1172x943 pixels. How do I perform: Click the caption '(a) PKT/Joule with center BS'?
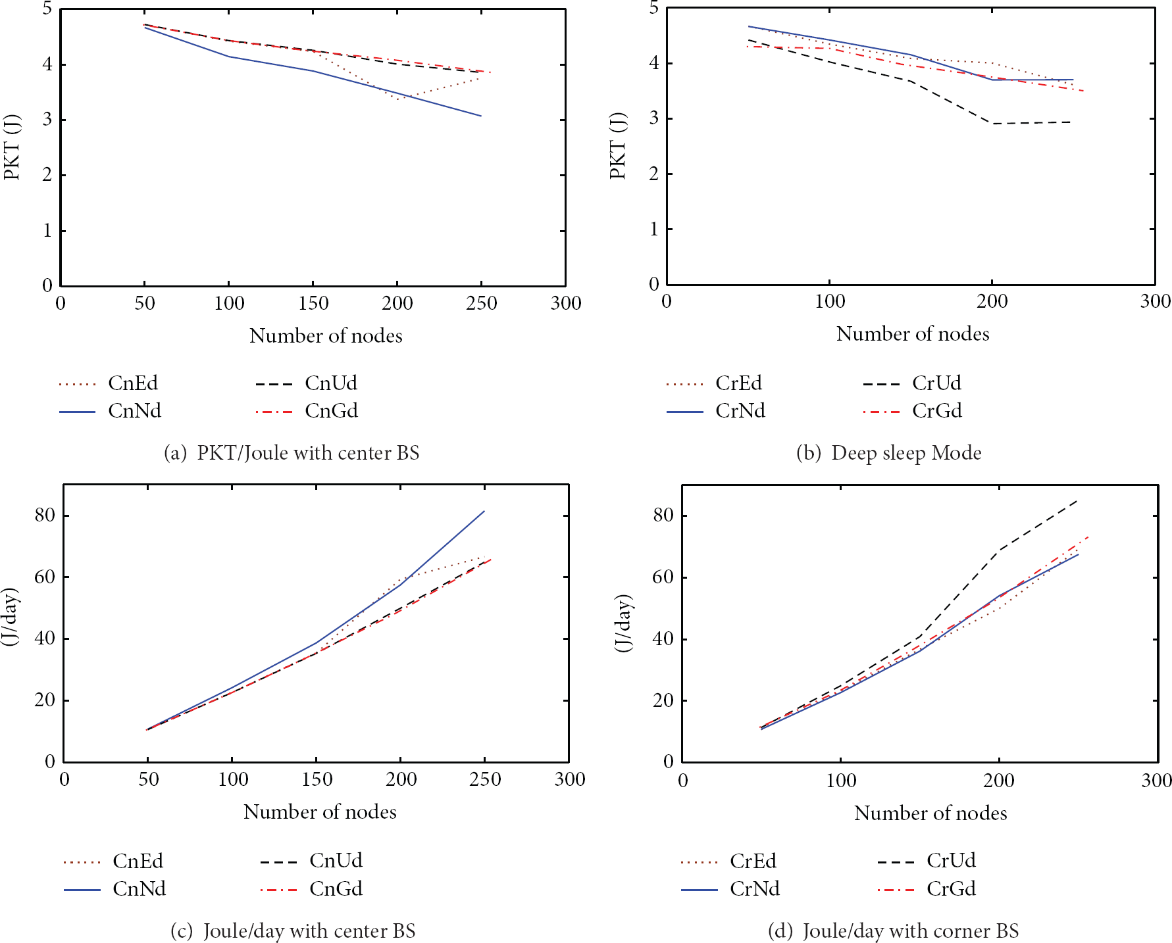(x=292, y=453)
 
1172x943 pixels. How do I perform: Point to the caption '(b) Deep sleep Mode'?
(x=889, y=453)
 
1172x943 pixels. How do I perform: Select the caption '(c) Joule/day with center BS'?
(x=293, y=931)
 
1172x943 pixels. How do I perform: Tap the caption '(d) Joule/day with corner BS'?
(x=894, y=931)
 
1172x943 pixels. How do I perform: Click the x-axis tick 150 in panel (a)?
(x=313, y=303)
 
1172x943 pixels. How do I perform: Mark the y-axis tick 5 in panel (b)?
(x=653, y=8)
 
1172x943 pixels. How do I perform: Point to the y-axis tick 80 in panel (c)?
(x=45, y=515)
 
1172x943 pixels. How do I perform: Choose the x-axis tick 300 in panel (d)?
(x=1156, y=781)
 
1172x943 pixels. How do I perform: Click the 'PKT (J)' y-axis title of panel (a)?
(x=13, y=147)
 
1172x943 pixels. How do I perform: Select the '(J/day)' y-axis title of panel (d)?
(x=623, y=623)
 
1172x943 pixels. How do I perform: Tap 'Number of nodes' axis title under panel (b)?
(x=913, y=334)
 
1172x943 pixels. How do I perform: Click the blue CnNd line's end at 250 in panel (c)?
(x=484, y=511)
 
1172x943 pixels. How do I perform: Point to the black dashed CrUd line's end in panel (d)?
(x=1077, y=500)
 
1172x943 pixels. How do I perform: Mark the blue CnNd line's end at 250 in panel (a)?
(x=481, y=116)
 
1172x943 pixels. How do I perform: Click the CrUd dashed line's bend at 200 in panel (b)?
(x=992, y=124)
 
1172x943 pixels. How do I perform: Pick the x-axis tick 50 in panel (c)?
(x=148, y=779)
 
